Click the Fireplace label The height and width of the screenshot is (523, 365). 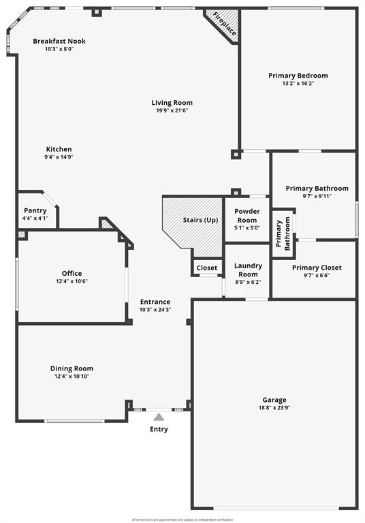(223, 24)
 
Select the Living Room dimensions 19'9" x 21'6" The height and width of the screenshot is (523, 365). (172, 110)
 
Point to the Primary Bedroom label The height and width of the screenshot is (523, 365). (298, 76)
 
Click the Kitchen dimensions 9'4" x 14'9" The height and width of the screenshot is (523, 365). (59, 157)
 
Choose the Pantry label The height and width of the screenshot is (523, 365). (35, 210)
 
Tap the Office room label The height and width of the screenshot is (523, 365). (72, 274)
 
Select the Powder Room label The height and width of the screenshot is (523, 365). (247, 216)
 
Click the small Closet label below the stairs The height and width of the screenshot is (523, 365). (207, 268)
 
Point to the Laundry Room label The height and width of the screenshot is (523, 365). (247, 270)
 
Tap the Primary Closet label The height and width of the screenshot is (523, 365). (317, 268)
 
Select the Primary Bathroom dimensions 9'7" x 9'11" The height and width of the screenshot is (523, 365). (317, 196)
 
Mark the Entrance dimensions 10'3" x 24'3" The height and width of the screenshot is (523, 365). (155, 309)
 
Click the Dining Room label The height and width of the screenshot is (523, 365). (72, 368)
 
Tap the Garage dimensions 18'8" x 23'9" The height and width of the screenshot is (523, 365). (274, 407)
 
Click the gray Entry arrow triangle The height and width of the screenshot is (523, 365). (159, 417)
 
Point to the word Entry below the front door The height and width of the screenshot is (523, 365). (159, 429)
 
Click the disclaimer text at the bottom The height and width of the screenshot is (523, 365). (182, 519)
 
